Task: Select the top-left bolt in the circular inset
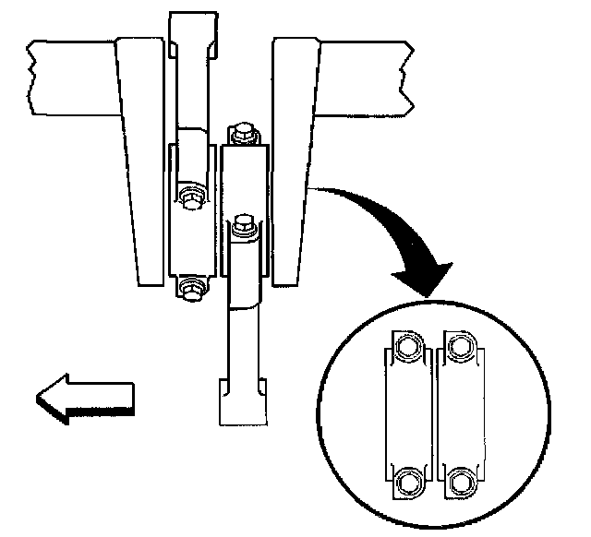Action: (x=406, y=346)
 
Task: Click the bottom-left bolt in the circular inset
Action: (x=406, y=480)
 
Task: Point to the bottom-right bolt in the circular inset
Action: (x=461, y=480)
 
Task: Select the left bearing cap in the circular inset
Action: (x=407, y=412)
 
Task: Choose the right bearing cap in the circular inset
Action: (x=460, y=412)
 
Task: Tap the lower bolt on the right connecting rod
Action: (x=243, y=223)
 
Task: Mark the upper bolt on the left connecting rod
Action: (x=191, y=197)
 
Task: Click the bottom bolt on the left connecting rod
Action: (x=190, y=289)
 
